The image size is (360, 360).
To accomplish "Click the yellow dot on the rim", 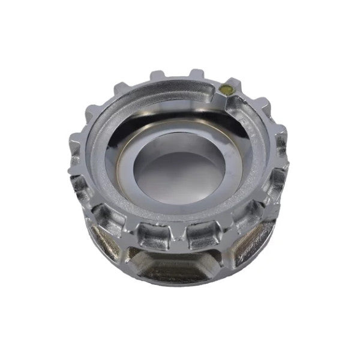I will click(x=227, y=89).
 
